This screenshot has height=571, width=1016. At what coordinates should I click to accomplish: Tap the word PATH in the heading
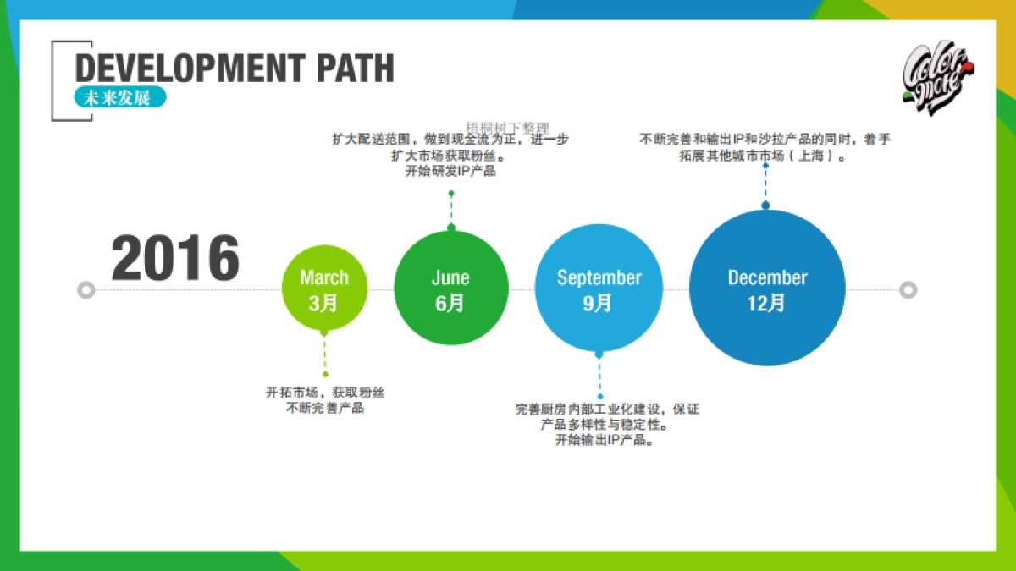[356, 69]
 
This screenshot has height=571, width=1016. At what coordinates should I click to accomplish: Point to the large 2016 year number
[175, 259]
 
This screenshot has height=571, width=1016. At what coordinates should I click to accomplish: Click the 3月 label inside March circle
[323, 303]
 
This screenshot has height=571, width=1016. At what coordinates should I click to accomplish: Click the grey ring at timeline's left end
[85, 290]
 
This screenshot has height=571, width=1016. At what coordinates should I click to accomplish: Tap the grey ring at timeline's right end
[908, 290]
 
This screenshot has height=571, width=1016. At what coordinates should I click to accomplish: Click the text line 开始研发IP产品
[450, 172]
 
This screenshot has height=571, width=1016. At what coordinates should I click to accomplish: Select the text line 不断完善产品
[325, 409]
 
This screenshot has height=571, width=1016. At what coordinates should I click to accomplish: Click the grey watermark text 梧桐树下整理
[507, 127]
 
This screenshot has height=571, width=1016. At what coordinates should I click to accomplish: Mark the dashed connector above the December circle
[765, 186]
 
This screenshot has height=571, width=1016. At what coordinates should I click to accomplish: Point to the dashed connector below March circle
[324, 354]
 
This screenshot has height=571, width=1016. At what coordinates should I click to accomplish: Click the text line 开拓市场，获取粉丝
[325, 393]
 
